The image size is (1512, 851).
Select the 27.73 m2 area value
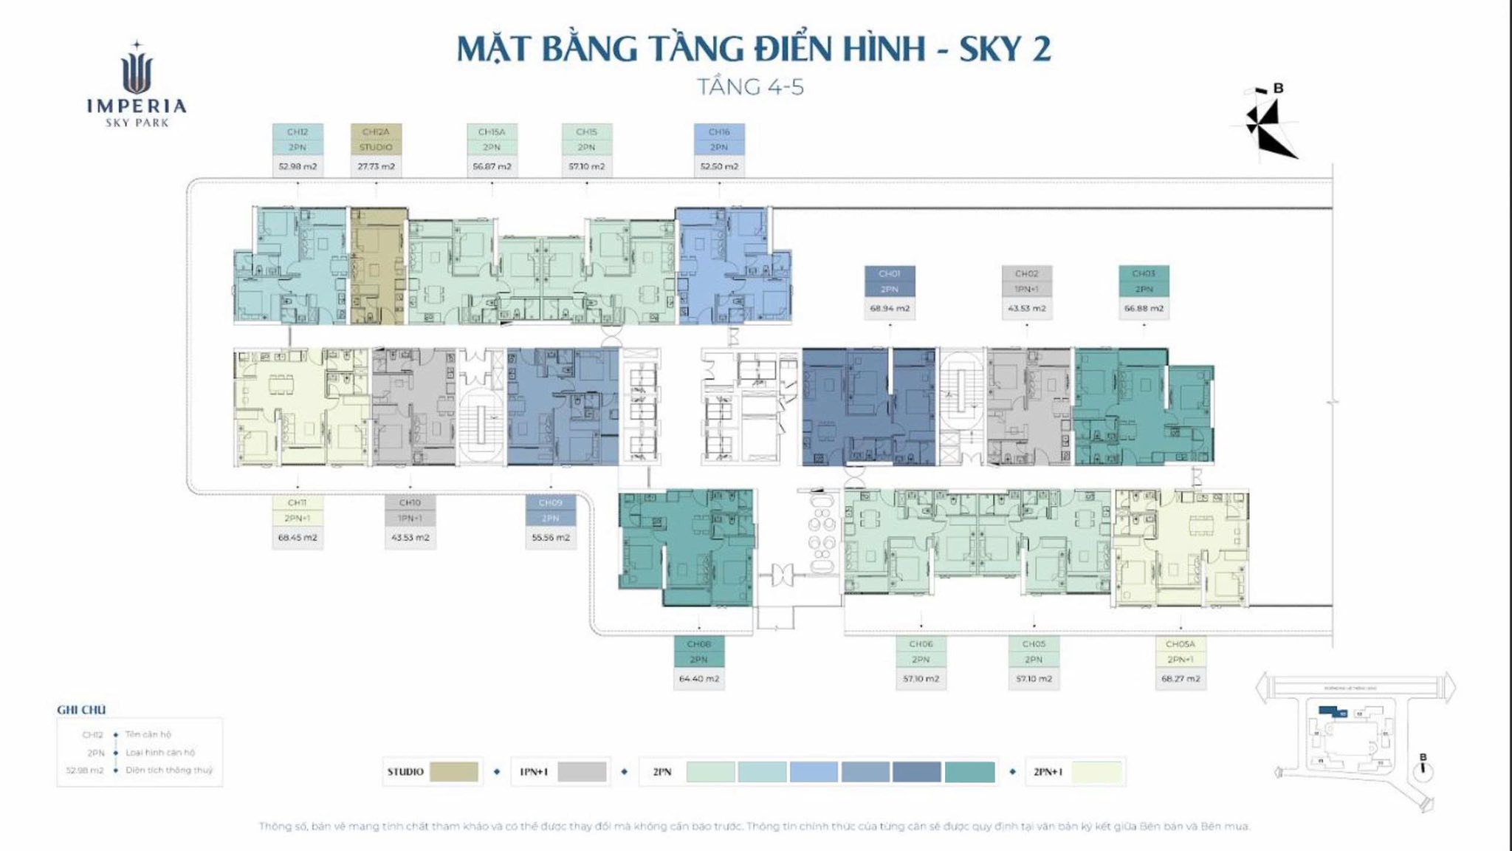coord(376,167)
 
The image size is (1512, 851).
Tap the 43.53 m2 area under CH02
coord(1026,309)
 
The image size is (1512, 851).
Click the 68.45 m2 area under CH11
coord(298,538)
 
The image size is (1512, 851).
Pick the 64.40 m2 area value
coord(698,679)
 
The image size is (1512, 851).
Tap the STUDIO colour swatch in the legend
coord(453,772)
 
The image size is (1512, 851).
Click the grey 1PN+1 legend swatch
coord(582,772)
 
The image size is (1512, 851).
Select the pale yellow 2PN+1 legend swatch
coord(1096,772)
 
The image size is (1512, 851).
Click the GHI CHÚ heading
coord(81,710)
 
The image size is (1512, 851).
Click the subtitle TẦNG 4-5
coord(751,87)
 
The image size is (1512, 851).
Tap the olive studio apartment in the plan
coord(378,266)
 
